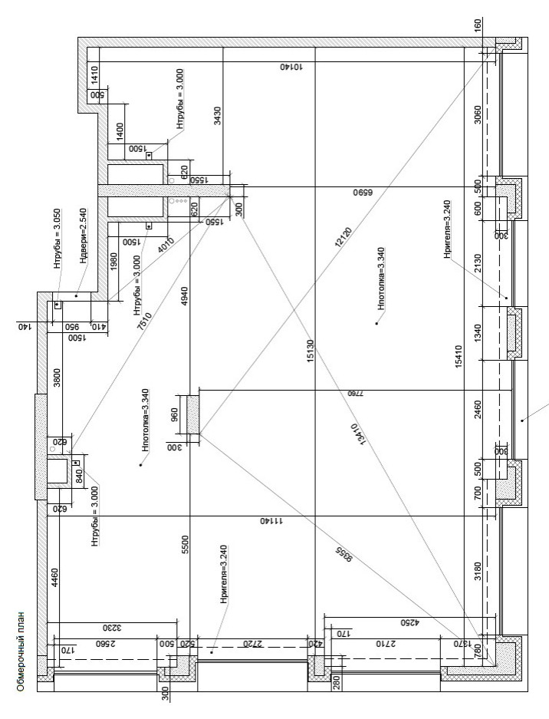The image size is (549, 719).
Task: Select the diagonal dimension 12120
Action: pyautogui.click(x=344, y=238)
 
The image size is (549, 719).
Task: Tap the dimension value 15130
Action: pyautogui.click(x=310, y=351)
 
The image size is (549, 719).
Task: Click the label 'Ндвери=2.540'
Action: pyautogui.click(x=84, y=236)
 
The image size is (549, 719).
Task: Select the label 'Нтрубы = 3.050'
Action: pyautogui.click(x=58, y=239)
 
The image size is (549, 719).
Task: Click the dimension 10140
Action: pyautogui.click(x=291, y=67)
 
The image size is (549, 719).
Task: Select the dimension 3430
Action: pyautogui.click(x=218, y=116)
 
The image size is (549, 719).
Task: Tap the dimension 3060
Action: pyautogui.click(x=478, y=115)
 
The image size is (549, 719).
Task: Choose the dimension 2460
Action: pyautogui.click(x=478, y=410)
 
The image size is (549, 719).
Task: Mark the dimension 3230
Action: pyautogui.click(x=111, y=628)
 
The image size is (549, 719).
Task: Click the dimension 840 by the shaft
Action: pyautogui.click(x=78, y=477)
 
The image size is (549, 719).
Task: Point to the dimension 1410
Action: pyautogui.click(x=95, y=75)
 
